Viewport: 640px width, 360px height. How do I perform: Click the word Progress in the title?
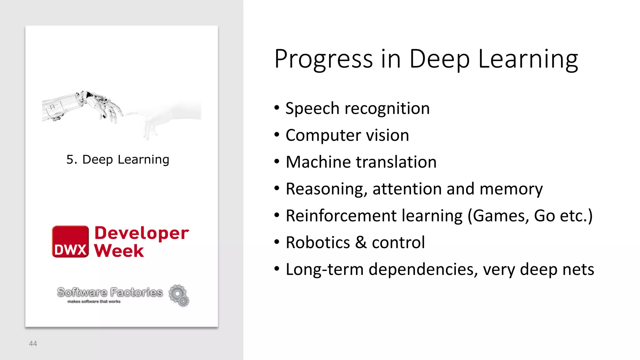323,59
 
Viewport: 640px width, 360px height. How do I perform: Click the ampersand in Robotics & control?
361,242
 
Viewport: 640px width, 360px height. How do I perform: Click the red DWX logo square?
70,241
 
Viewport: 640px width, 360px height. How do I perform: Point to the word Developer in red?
142,233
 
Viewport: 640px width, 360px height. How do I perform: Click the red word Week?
119,251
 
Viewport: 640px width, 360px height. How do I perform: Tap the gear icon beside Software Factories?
179,295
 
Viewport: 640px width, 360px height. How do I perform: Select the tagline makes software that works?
94,302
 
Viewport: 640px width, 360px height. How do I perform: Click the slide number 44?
33,344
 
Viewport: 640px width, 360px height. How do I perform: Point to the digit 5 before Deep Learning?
70,159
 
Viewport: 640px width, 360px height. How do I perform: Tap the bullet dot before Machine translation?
277,162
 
